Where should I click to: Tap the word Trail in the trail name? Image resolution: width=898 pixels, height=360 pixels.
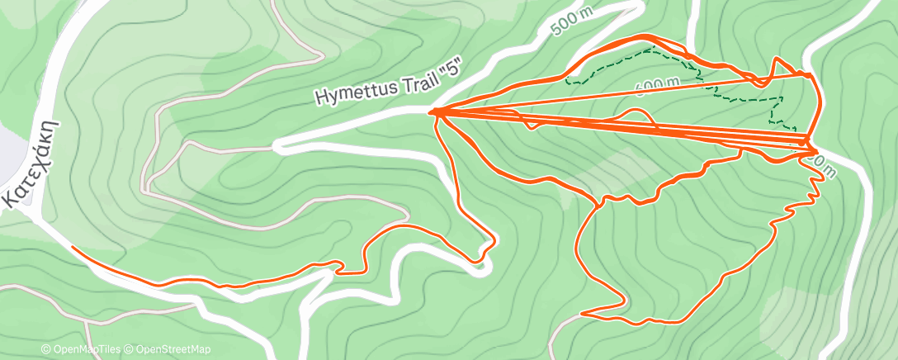tap(409, 74)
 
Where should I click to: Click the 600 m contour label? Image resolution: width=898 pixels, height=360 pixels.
tap(658, 84)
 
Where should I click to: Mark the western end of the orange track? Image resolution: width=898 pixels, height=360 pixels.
tap(73, 247)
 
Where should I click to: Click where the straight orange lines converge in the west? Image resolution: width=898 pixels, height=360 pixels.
tap(434, 111)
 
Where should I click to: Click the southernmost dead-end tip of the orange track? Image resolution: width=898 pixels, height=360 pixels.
tap(584, 314)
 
